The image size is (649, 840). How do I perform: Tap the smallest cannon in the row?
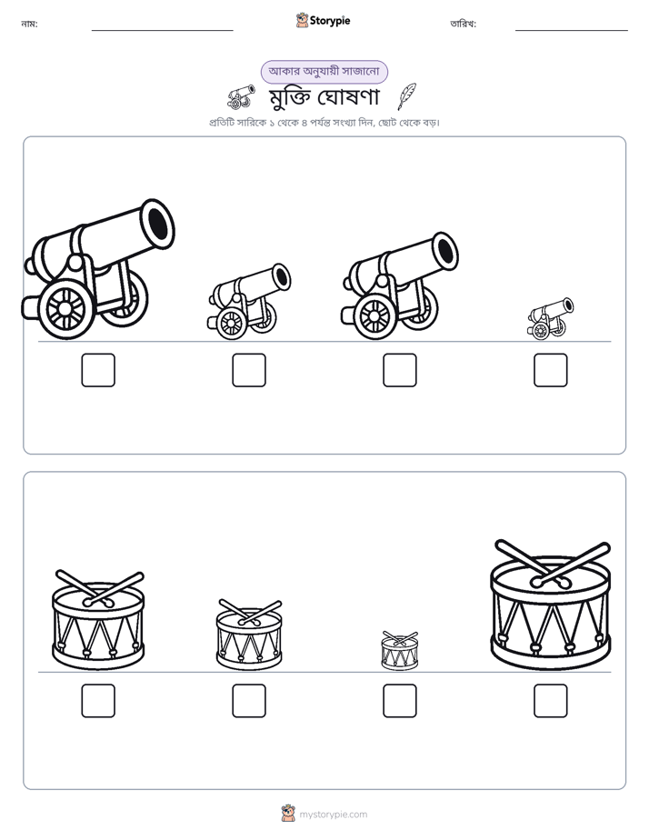(550, 319)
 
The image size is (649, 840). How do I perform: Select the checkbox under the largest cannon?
(98, 370)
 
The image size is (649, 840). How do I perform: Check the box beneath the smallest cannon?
(551, 370)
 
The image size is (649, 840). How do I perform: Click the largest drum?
(551, 605)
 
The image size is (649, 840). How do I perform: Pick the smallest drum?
(399, 650)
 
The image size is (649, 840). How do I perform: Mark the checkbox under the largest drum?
(551, 701)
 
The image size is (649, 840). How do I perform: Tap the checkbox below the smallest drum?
(399, 701)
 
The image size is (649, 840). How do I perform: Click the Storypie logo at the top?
(323, 20)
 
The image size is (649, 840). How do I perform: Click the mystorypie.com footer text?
(333, 815)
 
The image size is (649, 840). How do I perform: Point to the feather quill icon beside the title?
(407, 96)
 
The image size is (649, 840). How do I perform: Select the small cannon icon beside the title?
(241, 97)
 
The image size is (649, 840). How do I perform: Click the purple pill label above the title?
(324, 72)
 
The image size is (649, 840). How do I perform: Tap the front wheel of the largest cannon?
(65, 308)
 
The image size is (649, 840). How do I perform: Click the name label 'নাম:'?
(29, 24)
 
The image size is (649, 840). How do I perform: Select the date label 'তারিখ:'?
(464, 24)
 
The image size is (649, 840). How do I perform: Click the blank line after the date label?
(572, 31)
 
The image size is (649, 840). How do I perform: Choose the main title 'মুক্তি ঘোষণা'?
(324, 97)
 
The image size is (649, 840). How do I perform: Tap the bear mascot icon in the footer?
(288, 814)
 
